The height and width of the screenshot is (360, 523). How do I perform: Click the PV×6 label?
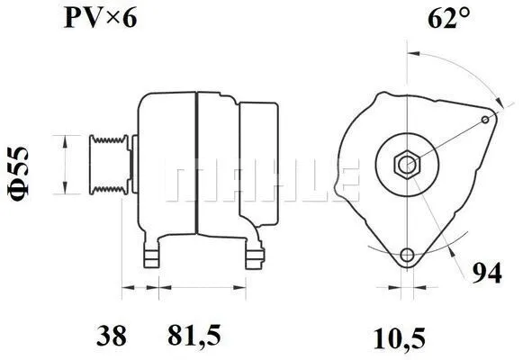point(100,18)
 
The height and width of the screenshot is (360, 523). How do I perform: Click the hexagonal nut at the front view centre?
point(408,164)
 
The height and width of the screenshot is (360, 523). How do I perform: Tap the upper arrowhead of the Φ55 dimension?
point(64,138)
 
